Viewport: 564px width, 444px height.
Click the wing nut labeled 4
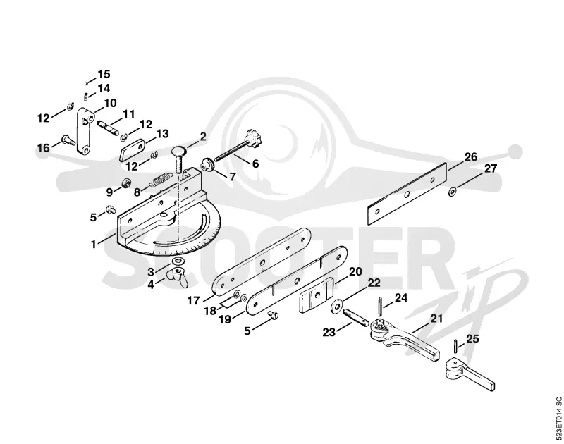click(x=178, y=276)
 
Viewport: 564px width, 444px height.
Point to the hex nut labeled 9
click(x=126, y=183)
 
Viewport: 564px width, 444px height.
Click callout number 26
click(x=470, y=157)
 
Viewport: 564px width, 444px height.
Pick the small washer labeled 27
click(x=452, y=192)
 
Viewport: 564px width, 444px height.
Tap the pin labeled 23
click(x=355, y=317)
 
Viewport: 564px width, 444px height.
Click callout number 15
click(x=104, y=74)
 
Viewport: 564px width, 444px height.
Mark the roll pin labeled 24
click(x=380, y=307)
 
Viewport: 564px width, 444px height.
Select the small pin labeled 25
click(x=455, y=347)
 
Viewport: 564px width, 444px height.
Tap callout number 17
click(x=193, y=300)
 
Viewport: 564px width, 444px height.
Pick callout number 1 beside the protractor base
click(x=94, y=244)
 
